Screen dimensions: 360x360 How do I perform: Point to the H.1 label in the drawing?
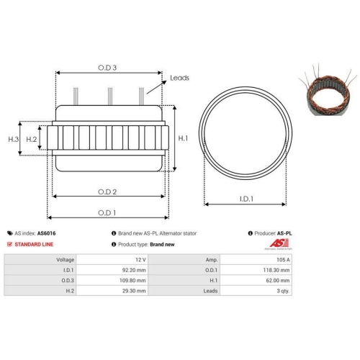(x=183, y=138)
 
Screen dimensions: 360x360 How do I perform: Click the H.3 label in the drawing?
(x=13, y=138)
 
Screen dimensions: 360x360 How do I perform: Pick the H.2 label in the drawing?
(x=32, y=138)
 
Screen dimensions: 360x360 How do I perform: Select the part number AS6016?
(x=45, y=233)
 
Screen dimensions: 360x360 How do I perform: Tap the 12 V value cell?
(x=140, y=258)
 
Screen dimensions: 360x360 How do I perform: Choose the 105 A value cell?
(x=282, y=258)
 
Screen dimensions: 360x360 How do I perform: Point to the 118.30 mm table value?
(x=276, y=269)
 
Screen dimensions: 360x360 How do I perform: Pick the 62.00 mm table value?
(x=278, y=280)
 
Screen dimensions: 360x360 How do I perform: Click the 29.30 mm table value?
(x=135, y=291)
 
